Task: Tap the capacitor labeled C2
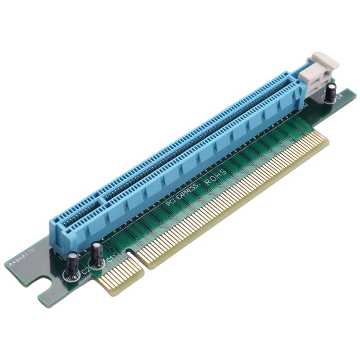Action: (x=72, y=265)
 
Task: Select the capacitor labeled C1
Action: (x=97, y=255)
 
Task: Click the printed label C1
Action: (x=109, y=260)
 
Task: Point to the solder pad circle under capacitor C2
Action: (x=72, y=275)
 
